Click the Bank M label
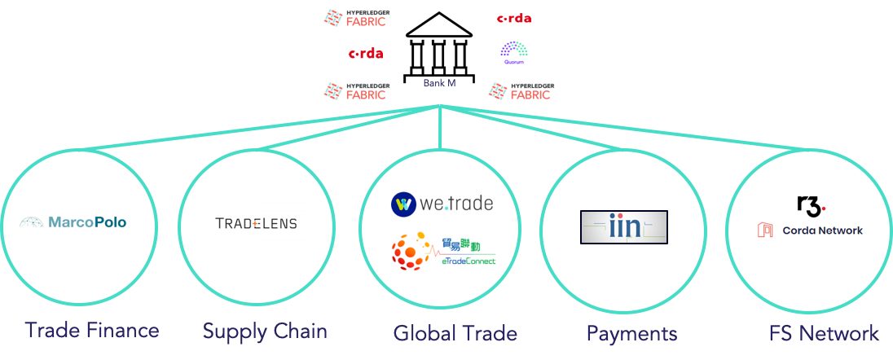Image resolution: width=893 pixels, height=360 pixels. point(439,83)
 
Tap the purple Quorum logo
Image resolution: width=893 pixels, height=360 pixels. point(514,54)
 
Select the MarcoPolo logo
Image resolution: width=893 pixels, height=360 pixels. point(72,222)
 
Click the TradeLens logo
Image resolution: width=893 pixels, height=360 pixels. point(256,223)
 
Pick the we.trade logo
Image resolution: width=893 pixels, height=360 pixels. point(441,204)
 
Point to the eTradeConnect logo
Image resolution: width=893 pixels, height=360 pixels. point(443,252)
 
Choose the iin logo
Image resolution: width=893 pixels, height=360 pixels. point(624,226)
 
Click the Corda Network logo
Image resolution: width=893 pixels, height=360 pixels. point(808,230)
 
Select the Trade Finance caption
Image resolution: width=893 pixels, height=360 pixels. point(91,331)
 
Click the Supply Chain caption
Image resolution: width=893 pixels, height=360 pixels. point(265,331)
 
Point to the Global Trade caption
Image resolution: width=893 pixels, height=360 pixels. point(455,333)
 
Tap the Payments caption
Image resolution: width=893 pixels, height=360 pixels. point(631,333)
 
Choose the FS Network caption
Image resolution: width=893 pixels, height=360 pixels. point(824,333)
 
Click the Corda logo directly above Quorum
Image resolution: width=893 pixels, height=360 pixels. point(514,18)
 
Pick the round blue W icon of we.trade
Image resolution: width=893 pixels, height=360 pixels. point(403,204)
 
